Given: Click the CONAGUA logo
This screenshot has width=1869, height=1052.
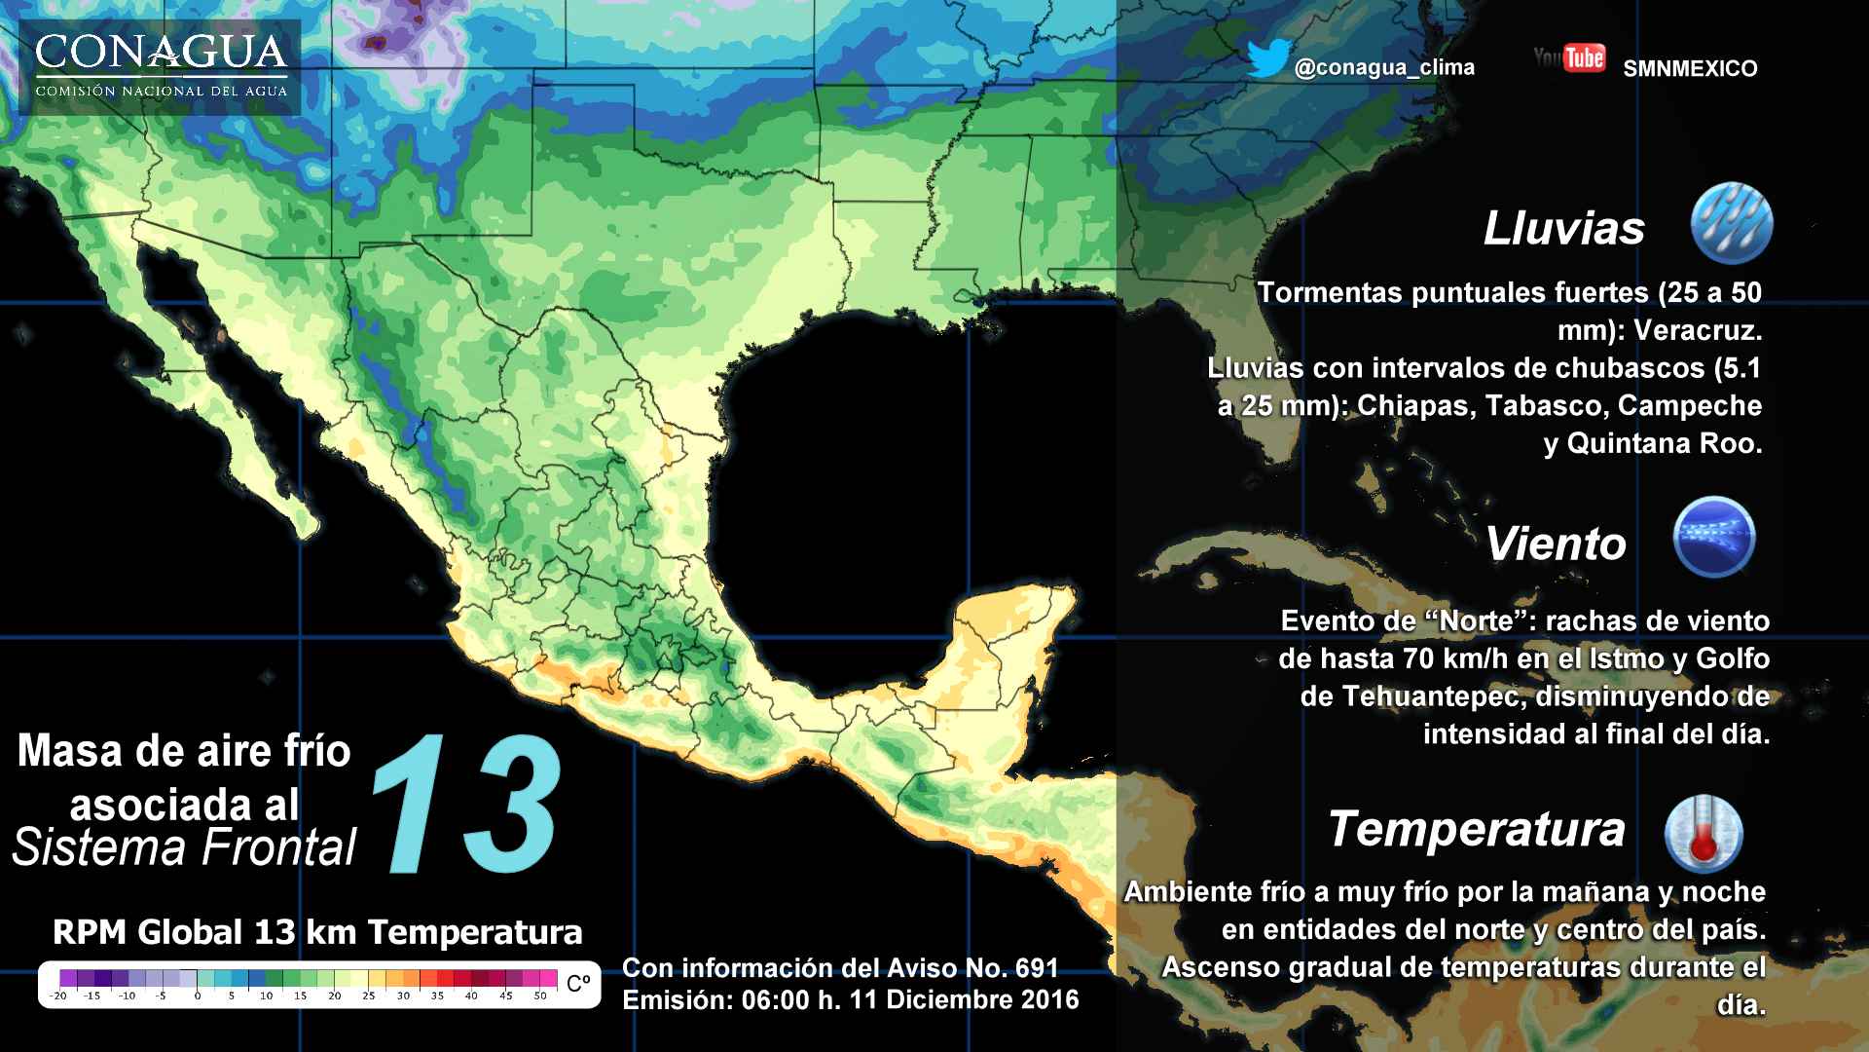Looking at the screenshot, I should tap(161, 66).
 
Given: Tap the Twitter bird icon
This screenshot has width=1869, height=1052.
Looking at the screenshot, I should tap(1267, 58).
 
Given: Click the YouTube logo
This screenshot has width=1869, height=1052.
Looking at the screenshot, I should tap(1569, 57).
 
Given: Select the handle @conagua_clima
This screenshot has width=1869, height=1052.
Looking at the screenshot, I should tap(1384, 67).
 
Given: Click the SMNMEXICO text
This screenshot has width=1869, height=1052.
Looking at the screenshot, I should tap(1690, 68).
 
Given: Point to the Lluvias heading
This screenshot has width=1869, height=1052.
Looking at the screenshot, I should tap(1563, 229).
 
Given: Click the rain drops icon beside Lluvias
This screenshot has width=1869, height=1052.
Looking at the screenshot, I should tap(1731, 223).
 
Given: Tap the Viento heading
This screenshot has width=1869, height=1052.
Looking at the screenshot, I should tap(1556, 544).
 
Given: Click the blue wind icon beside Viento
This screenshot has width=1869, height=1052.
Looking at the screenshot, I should tap(1713, 537).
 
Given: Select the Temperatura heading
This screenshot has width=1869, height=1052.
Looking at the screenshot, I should tap(1476, 830).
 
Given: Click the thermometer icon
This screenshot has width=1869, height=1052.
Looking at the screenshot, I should tap(1703, 834).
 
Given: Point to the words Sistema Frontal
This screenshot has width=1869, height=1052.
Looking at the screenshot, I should tap(185, 847).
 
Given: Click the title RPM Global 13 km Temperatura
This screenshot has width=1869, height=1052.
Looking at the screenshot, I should tap(317, 932).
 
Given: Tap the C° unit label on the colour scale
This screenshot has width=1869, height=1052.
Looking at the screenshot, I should tap(578, 983).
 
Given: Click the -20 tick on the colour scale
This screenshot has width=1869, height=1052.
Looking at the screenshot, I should tap(59, 996).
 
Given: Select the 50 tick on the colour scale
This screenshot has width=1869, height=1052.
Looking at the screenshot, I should tap(540, 996).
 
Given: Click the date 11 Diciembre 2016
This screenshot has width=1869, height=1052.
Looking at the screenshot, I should tap(964, 1000).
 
